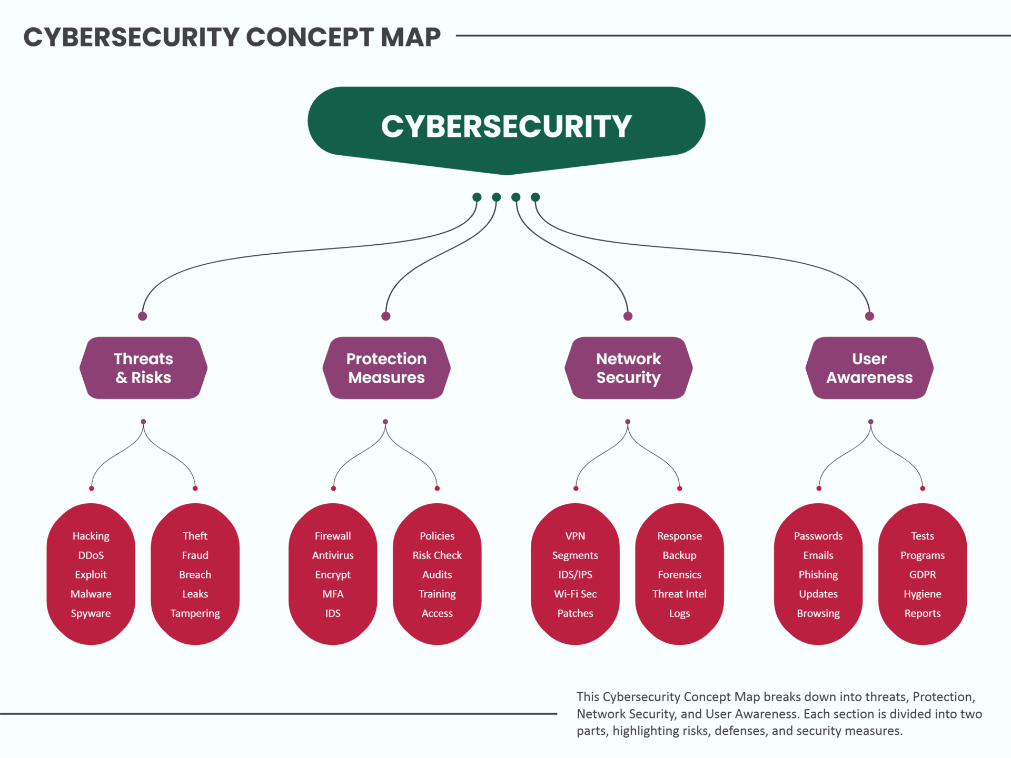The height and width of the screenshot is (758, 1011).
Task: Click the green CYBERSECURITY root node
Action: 506,126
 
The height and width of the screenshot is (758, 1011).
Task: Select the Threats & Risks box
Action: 143,368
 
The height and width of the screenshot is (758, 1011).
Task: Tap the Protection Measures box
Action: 386,368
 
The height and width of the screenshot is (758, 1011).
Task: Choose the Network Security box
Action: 628,368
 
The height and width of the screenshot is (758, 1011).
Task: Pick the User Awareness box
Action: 869,368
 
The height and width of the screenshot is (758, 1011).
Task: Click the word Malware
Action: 91,594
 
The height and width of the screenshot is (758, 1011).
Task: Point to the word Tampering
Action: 195,613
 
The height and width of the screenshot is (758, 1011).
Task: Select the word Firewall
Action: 332,536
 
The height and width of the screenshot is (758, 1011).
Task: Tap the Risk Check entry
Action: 437,555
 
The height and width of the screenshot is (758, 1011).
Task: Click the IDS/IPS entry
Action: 575,575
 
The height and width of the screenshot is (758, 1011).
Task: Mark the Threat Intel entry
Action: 679,594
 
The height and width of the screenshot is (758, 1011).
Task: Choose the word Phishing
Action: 818,575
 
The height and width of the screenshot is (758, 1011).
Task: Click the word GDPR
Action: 922,575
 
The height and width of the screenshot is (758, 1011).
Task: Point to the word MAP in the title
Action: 410,37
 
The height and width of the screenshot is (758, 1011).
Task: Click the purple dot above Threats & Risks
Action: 142,316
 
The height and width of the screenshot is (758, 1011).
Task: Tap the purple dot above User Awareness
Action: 869,316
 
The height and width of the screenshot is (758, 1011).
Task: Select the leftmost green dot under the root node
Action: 477,197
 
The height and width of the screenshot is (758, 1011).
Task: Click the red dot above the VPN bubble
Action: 576,488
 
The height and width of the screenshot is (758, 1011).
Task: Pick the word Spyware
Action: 91,613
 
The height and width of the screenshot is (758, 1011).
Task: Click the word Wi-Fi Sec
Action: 575,594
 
